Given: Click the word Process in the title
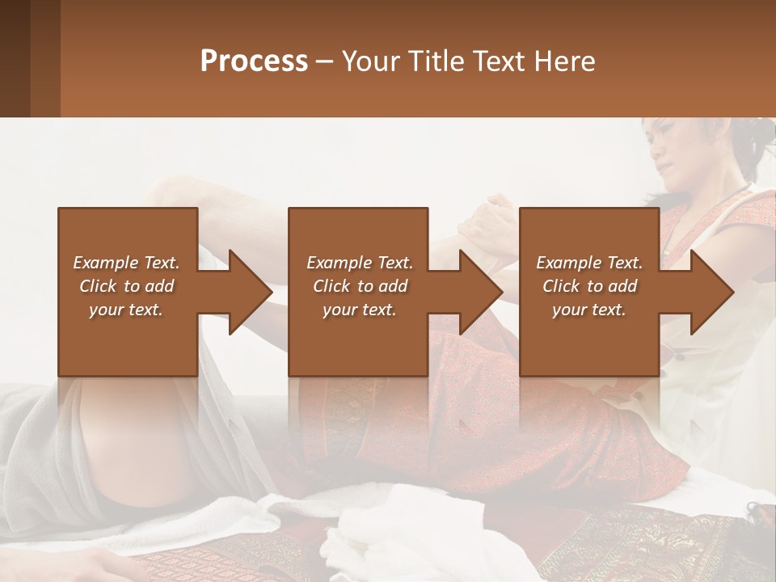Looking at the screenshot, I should tap(254, 61).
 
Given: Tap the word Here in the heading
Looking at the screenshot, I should tap(563, 61).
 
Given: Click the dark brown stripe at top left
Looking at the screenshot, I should tap(15, 58).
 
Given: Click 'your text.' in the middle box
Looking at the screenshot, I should tap(359, 310).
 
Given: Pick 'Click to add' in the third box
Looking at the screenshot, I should tap(590, 286).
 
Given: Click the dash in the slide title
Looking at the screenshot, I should tap(325, 61).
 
